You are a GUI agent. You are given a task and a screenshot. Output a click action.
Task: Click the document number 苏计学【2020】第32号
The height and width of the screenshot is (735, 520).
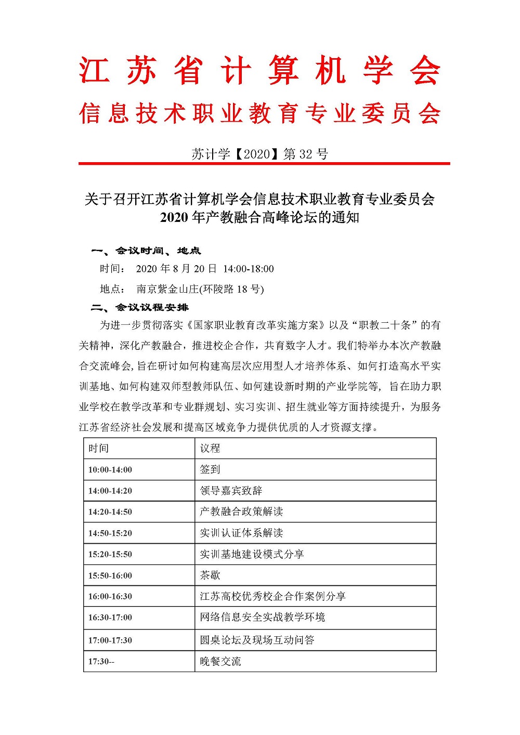[259, 154]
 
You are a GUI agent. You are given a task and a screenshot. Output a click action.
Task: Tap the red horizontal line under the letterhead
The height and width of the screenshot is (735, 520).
[264, 164]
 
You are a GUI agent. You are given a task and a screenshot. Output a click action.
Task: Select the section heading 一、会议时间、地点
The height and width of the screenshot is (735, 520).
[146, 251]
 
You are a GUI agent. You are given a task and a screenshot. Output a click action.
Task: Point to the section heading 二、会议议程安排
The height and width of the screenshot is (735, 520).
[139, 307]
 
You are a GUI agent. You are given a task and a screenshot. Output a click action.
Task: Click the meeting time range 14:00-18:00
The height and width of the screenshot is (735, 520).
[248, 269]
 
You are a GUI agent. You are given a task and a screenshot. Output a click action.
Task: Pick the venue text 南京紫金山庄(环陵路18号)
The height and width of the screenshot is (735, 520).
[200, 289]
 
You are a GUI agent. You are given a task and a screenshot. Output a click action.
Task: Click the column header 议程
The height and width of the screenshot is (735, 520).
[210, 448]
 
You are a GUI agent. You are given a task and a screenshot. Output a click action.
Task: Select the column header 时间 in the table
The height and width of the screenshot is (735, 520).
[98, 448]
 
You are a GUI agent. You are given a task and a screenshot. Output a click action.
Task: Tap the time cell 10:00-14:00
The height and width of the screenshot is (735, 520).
[110, 470]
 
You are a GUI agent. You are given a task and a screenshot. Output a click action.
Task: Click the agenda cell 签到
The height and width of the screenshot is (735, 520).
[210, 469]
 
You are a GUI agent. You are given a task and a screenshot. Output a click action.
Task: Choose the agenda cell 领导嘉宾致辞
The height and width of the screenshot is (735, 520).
[231, 491]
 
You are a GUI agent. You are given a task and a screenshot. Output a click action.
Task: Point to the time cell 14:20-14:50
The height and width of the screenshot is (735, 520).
[110, 512]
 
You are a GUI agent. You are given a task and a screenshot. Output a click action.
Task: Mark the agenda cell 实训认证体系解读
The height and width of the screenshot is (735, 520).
[241, 533]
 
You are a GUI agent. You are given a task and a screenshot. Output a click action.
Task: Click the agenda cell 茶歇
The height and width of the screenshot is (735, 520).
[210, 575]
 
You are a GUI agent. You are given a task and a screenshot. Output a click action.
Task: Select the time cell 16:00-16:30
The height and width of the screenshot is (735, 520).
[110, 596]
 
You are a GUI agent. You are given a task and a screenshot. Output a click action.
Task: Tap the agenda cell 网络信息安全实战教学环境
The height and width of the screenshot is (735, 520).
[262, 617]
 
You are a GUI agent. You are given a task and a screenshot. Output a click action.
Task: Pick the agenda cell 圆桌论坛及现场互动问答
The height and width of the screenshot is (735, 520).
[257, 640]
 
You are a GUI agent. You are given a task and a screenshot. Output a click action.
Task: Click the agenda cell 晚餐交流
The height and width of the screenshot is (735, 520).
[220, 661]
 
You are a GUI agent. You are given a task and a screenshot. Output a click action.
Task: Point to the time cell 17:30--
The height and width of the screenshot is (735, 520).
[101, 662]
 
